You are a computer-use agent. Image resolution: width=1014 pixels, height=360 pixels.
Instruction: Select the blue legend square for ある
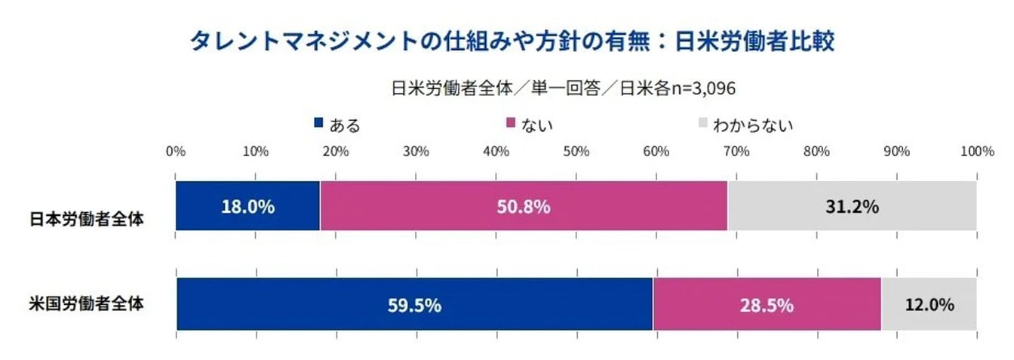[x=318, y=122]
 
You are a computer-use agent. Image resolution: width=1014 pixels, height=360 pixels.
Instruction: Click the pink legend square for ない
[x=510, y=122]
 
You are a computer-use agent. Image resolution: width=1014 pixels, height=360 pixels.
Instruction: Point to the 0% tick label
[x=176, y=151]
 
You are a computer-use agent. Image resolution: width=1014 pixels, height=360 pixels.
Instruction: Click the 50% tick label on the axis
[x=576, y=151]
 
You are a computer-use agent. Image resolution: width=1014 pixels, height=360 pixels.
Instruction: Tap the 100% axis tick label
[x=976, y=151]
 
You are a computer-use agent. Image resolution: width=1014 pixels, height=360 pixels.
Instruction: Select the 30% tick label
[x=416, y=151]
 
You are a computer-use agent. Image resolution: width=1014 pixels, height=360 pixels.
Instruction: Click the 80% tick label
[x=816, y=151]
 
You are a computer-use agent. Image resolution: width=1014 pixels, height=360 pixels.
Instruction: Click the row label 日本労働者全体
[x=87, y=219]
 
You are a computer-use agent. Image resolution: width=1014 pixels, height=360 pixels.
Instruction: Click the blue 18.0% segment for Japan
[x=247, y=206]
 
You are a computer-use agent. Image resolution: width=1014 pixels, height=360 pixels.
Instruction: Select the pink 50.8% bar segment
[x=524, y=206]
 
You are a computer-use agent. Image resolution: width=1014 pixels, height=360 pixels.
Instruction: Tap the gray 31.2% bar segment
[x=852, y=206]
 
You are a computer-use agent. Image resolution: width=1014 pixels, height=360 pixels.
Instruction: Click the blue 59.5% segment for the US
[x=414, y=304]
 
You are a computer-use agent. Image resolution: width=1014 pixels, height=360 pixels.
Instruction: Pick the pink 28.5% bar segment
[x=767, y=304]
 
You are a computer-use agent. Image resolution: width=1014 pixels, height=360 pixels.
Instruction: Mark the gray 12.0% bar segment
[x=929, y=304]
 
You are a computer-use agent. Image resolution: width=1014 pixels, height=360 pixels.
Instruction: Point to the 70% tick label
[x=736, y=151]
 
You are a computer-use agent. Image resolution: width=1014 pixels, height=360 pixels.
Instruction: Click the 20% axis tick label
[x=336, y=151]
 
